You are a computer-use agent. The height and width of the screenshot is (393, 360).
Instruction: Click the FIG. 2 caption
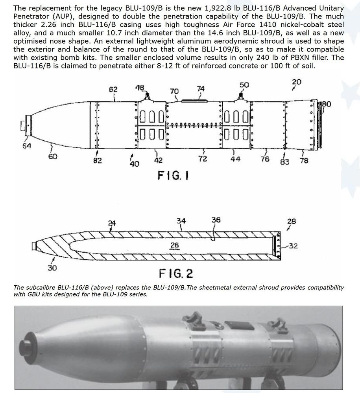(176, 272)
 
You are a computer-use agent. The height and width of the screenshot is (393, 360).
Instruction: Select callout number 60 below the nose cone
(52, 157)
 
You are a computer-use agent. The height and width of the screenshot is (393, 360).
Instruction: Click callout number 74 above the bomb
(201, 89)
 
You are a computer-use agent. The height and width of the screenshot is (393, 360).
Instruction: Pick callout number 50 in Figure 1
(244, 85)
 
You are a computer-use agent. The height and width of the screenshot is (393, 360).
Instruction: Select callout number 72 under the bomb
(203, 160)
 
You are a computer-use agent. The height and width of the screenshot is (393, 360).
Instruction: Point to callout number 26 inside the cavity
(175, 245)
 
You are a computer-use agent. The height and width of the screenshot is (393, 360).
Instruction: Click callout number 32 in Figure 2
(293, 246)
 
